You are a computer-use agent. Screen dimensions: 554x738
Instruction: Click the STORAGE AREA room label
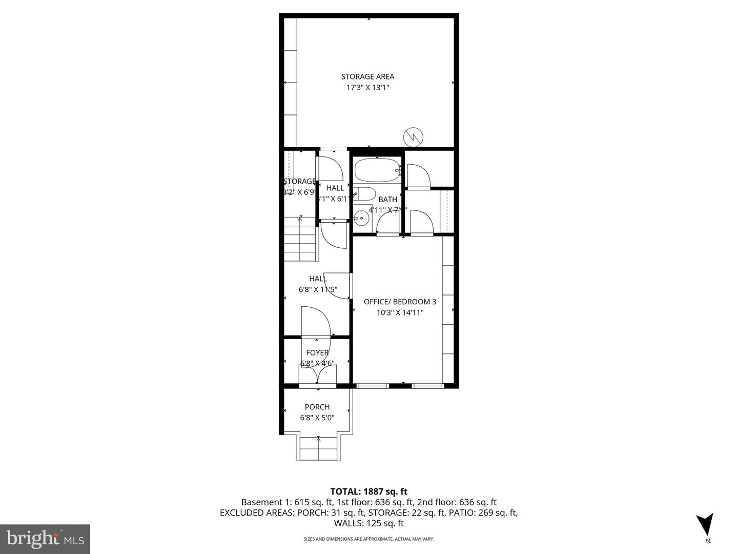pyautogui.click(x=367, y=76)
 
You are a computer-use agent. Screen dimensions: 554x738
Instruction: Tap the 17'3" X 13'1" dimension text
pyautogui.click(x=367, y=88)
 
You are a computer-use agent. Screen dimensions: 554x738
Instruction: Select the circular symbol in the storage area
pyautogui.click(x=413, y=136)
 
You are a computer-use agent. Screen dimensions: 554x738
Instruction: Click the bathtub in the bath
pyautogui.click(x=377, y=170)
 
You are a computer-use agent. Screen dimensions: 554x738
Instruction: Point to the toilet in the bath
pyautogui.click(x=366, y=194)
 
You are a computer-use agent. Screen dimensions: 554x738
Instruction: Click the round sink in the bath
pyautogui.click(x=362, y=218)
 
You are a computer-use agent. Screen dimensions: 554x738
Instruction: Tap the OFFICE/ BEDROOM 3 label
pyautogui.click(x=400, y=302)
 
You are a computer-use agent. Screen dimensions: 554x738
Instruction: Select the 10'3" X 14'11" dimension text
pyautogui.click(x=400, y=312)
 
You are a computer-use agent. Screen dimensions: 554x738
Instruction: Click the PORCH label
pyautogui.click(x=317, y=407)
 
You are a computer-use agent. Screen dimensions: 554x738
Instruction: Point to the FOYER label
pyautogui.click(x=317, y=352)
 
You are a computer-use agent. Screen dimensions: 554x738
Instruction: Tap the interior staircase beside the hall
pyautogui.click(x=300, y=239)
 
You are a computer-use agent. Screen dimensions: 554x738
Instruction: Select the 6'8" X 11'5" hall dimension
pyautogui.click(x=318, y=289)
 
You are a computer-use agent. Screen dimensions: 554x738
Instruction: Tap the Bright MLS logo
pyautogui.click(x=45, y=539)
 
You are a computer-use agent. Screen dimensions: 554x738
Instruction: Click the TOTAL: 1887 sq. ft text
pyautogui.click(x=368, y=491)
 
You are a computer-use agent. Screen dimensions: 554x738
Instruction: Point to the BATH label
pyautogui.click(x=387, y=199)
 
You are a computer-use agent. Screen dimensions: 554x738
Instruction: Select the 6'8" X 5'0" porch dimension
pyautogui.click(x=317, y=418)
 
